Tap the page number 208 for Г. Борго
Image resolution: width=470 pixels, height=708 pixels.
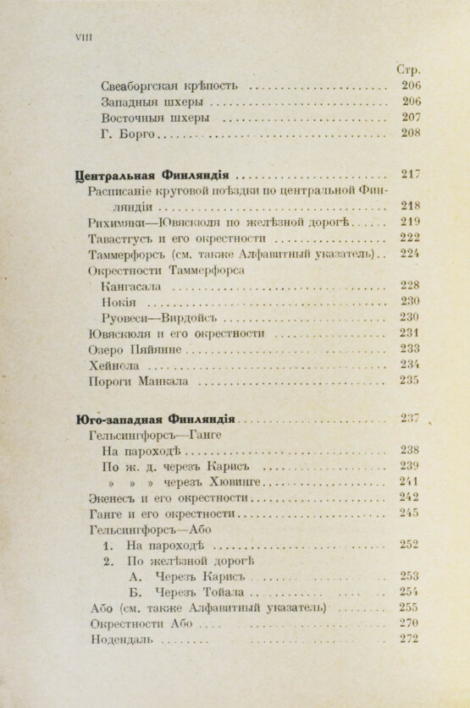pyautogui.click(x=409, y=133)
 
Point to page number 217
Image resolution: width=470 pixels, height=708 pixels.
pyautogui.click(x=410, y=175)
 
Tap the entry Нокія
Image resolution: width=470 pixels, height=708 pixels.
pyautogui.click(x=119, y=301)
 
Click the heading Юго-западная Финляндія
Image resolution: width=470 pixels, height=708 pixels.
pyautogui.click(x=153, y=418)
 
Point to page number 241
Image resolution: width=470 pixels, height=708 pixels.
pyautogui.click(x=409, y=481)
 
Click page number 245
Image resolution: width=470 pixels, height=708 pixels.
pyautogui.click(x=409, y=513)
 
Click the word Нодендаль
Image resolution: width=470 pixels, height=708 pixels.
pyautogui.click(x=120, y=639)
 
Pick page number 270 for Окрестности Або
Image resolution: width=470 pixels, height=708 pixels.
pyautogui.click(x=409, y=623)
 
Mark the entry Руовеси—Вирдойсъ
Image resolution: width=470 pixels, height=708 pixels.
pyautogui.click(x=159, y=317)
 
